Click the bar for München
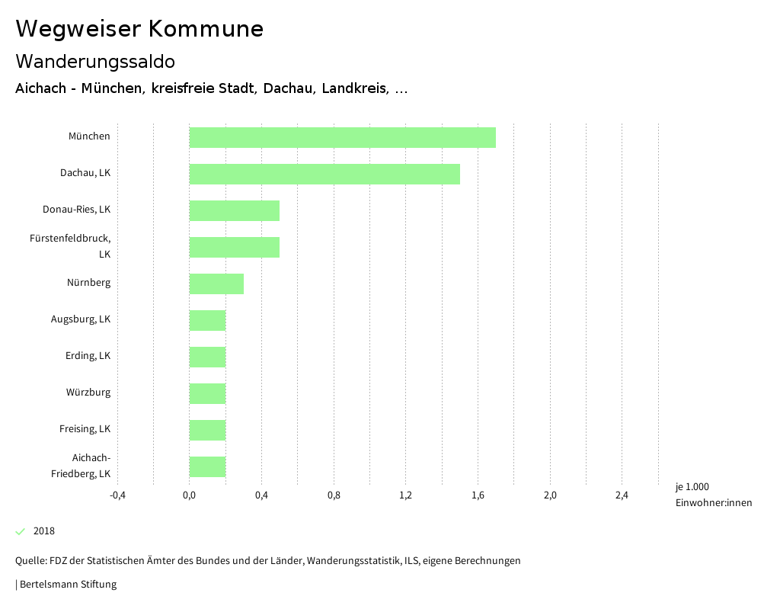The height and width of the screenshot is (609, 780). pyautogui.click(x=342, y=137)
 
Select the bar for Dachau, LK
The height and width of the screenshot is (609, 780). pyautogui.click(x=324, y=174)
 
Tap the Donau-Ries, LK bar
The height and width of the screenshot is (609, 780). pyautogui.click(x=235, y=210)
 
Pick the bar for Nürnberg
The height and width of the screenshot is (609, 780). pyautogui.click(x=216, y=284)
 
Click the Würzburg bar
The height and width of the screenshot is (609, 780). pyautogui.click(x=207, y=393)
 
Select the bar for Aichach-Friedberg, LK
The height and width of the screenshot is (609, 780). pyautogui.click(x=207, y=466)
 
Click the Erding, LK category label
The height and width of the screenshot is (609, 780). pyautogui.click(x=88, y=356)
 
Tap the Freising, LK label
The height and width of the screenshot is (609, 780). pyautogui.click(x=85, y=429)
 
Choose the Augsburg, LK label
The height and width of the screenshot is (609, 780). pyautogui.click(x=81, y=319)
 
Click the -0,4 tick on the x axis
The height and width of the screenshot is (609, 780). pyautogui.click(x=117, y=495)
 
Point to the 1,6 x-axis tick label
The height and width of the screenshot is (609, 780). pyautogui.click(x=478, y=495)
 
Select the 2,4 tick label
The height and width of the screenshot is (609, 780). pyautogui.click(x=622, y=495)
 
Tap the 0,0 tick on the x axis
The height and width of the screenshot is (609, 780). pyautogui.click(x=190, y=495)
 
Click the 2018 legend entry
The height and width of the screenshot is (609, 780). pyautogui.click(x=44, y=531)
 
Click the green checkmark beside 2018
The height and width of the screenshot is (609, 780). pyautogui.click(x=21, y=531)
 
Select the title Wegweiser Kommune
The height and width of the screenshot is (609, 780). pyautogui.click(x=139, y=29)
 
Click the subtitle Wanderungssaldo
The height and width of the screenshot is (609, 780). pyautogui.click(x=95, y=61)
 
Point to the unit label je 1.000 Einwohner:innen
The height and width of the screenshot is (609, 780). pyautogui.click(x=713, y=495)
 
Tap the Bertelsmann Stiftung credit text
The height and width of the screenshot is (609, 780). pyautogui.click(x=67, y=585)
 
